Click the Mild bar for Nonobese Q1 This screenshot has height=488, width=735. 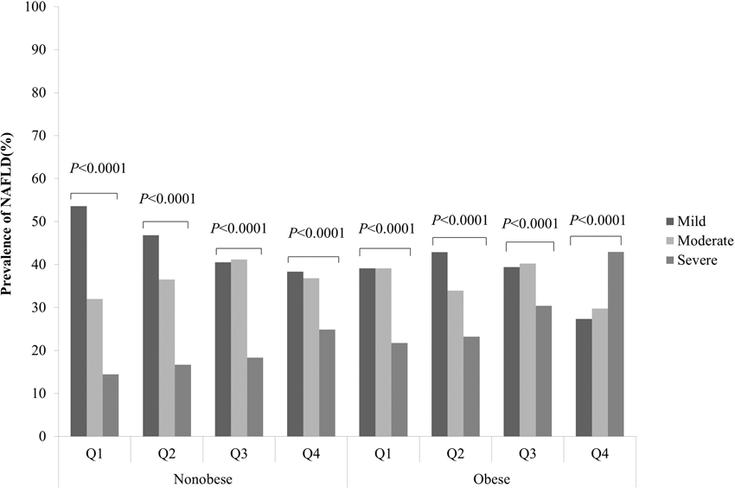pos(79,321)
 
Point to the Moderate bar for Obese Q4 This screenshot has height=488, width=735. pos(600,372)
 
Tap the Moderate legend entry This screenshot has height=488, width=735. pos(699,240)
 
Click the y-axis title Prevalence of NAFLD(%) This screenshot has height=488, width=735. pos(10,222)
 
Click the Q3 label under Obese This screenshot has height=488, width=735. pos(527,453)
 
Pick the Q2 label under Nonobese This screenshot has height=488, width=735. pos(166,453)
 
